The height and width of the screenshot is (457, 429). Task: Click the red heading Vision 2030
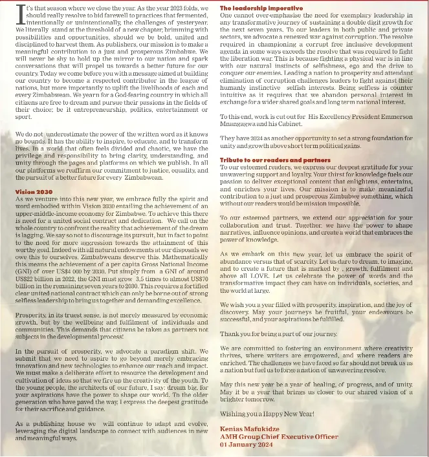[34, 192]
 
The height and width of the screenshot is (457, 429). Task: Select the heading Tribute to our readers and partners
[275, 160]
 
